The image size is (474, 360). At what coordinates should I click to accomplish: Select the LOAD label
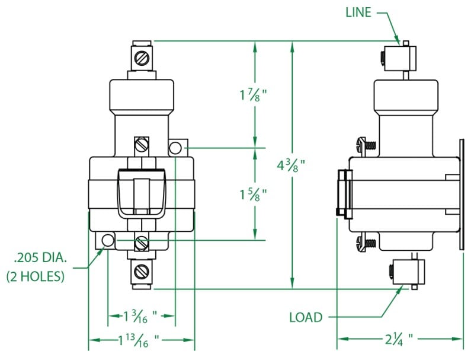click(x=306, y=317)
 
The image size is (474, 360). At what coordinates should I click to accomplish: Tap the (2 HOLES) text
click(x=36, y=276)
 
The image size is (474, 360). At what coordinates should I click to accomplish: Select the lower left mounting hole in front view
click(x=107, y=240)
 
